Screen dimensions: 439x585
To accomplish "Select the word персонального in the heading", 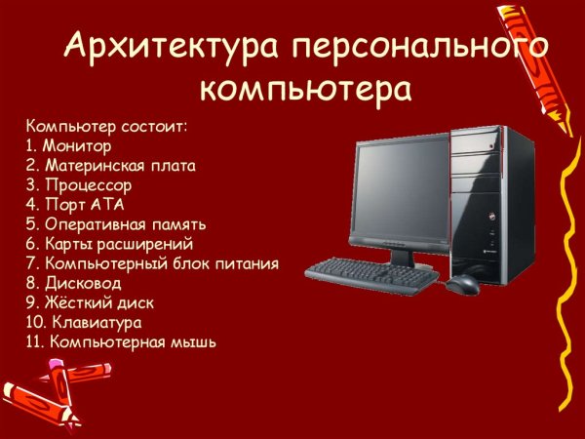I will [420, 45].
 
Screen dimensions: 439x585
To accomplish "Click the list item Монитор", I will [74, 145].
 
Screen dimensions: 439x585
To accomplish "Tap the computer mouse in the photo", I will [463, 283].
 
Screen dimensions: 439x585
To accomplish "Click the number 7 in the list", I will [30, 264].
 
